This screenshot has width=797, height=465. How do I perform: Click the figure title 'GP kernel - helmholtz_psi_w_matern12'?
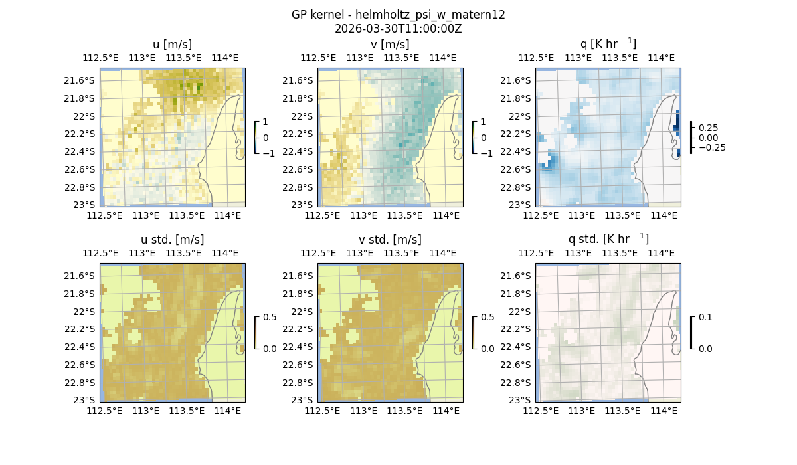coord(398,15)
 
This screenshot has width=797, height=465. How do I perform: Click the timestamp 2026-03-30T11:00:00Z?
coord(398,29)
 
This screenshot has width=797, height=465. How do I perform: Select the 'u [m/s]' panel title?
coord(172,45)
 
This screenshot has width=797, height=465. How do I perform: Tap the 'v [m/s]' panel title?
coord(390,45)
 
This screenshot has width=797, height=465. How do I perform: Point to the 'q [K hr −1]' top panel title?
coord(608,44)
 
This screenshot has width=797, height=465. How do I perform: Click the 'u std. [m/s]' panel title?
coord(172,240)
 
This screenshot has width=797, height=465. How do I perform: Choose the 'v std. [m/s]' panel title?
coord(390,240)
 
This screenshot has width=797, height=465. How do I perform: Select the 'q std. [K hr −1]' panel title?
coord(608,239)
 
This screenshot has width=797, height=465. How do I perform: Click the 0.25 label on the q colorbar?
coord(709,128)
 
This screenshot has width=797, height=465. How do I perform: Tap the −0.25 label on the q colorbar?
coord(712,147)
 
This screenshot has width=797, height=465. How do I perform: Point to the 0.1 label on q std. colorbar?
coord(704,318)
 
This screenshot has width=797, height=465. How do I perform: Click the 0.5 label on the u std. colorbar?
coord(270,318)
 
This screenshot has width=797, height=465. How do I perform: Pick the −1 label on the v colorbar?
coord(486,153)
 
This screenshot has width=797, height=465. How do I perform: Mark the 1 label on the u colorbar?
coord(266,122)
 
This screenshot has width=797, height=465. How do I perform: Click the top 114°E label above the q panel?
coord(661,58)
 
